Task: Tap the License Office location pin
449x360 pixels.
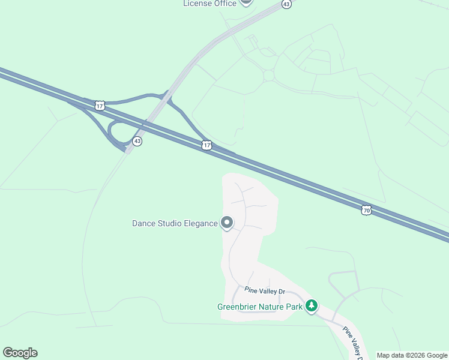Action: tap(246, 2)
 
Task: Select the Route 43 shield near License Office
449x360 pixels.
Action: tap(286, 4)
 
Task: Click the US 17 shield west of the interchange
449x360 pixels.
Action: tap(100, 106)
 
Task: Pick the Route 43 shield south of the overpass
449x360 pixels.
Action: tap(137, 141)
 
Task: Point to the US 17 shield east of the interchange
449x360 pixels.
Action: tap(207, 145)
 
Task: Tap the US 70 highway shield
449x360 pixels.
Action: tap(366, 210)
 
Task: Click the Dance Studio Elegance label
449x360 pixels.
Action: tap(175, 224)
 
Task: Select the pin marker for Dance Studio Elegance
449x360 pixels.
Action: tap(227, 223)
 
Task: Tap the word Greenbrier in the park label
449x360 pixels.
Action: tap(239, 307)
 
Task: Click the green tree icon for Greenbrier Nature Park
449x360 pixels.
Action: tap(311, 306)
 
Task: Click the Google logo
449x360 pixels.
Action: tap(20, 353)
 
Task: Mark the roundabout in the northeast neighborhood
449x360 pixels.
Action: tap(268, 75)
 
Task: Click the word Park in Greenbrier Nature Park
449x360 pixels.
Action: tap(294, 307)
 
